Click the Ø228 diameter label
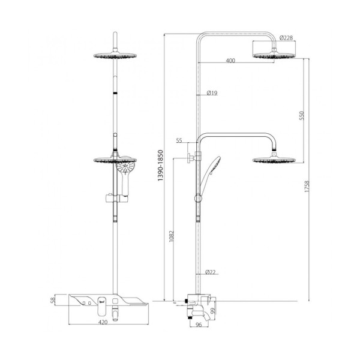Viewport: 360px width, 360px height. (x=286, y=38)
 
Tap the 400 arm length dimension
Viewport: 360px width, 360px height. (x=230, y=61)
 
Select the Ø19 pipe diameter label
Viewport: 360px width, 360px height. (x=212, y=93)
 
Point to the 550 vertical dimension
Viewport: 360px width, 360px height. (x=301, y=115)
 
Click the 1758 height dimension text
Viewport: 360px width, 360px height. (x=307, y=186)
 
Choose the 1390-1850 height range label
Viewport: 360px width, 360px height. (x=160, y=166)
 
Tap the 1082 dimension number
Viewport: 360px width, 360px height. (x=172, y=236)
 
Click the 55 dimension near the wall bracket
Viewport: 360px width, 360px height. (x=179, y=140)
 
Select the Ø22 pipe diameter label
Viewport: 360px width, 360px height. (x=211, y=272)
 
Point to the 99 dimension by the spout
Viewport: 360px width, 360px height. (x=213, y=311)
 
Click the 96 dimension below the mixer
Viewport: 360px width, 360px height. (x=199, y=325)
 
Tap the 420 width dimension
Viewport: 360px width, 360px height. (x=103, y=322)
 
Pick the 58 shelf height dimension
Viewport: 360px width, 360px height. (x=53, y=300)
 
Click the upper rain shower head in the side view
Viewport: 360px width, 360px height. (x=274, y=55)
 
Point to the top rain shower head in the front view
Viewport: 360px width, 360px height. (x=115, y=55)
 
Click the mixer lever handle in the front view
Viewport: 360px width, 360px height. (x=102, y=306)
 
